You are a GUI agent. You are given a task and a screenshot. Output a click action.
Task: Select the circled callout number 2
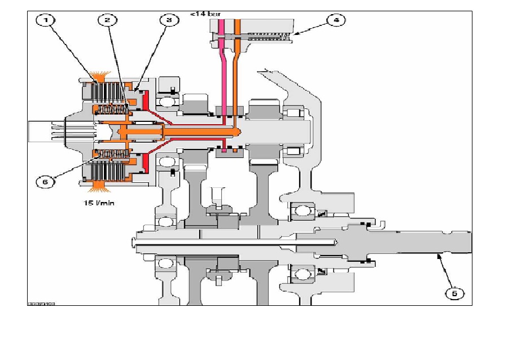pyautogui.click(x=107, y=20)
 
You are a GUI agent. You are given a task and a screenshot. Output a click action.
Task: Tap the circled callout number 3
pyautogui.click(x=168, y=20)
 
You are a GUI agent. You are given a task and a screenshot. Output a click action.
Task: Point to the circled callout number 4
pyautogui.click(x=336, y=20)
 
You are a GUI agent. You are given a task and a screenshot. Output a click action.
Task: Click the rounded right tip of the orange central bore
pyautogui.click(x=239, y=131)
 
